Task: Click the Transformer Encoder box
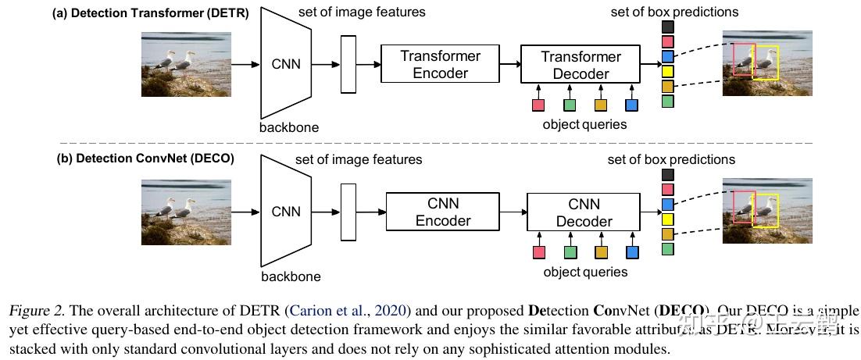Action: coord(440,64)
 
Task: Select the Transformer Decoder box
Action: coord(580,65)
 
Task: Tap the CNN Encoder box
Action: coord(442,212)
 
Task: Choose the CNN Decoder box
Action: coord(583,212)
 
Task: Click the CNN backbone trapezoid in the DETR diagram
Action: coord(285,65)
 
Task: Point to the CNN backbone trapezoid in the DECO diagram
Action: coord(285,212)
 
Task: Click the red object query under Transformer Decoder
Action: coord(538,105)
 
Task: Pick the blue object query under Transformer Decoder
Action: coord(631,105)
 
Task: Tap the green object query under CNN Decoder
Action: coord(570,252)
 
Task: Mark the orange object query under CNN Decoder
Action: coord(601,252)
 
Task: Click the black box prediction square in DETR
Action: coord(667,27)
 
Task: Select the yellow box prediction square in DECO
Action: coord(667,219)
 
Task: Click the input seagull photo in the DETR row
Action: coord(186,64)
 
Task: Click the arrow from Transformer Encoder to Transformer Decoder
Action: coord(509,65)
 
